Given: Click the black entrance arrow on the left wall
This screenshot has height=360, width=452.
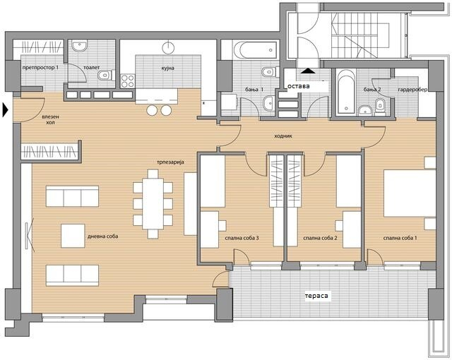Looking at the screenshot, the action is tap(5, 110).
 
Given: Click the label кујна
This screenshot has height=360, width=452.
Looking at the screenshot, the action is tap(167, 68).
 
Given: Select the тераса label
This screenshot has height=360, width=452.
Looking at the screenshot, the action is tap(316, 296).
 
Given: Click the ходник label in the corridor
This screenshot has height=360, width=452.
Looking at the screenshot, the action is tap(283, 136).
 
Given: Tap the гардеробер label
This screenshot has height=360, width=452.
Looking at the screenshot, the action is tap(412, 90).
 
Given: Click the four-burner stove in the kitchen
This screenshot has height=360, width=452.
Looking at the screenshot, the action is tap(127, 81).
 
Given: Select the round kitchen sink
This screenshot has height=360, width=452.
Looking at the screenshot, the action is tap(168, 48).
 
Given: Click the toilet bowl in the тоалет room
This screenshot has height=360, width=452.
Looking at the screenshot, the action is tap(105, 76).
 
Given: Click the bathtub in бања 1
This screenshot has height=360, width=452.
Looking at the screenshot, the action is tap(256, 50).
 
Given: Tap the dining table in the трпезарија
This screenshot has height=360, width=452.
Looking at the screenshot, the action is tap(153, 204).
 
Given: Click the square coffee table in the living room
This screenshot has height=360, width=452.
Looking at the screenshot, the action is tap(73, 236).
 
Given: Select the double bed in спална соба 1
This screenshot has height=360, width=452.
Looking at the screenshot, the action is tap(410, 193).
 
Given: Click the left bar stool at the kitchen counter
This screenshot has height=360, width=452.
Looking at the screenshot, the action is tap(152, 110).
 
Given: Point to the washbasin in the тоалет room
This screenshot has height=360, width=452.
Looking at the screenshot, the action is tap(79, 46).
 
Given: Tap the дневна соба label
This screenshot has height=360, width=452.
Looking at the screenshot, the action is tap(102, 236).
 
